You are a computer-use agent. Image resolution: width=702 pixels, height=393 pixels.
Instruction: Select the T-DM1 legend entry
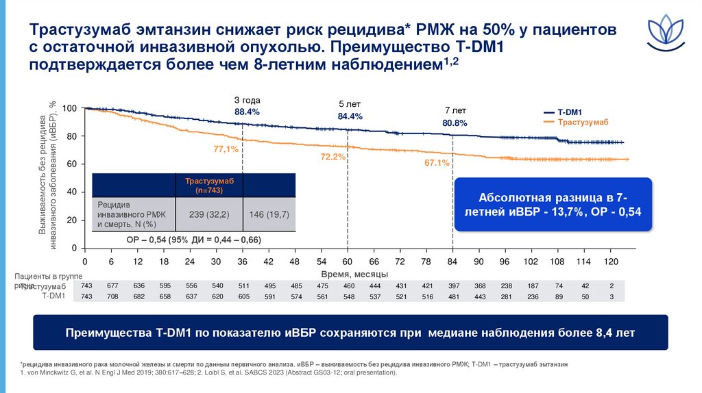coord(569,112)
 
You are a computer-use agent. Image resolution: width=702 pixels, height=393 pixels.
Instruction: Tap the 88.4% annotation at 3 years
coord(247,111)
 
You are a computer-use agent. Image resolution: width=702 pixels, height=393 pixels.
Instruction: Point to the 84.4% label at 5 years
coord(350,116)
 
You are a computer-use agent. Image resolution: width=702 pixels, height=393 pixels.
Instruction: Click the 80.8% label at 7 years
coord(455,123)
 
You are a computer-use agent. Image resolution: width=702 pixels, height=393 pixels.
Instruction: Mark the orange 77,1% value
coord(226,149)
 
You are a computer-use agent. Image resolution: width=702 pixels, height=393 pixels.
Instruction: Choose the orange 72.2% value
coord(333,157)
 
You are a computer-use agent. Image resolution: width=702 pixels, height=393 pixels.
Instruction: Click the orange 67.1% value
coord(437,163)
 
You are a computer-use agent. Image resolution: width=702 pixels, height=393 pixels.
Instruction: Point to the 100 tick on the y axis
coord(69,109)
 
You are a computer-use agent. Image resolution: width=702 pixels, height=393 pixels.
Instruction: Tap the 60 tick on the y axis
coord(72,164)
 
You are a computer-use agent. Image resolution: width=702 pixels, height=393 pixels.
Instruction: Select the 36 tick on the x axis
coord(243,262)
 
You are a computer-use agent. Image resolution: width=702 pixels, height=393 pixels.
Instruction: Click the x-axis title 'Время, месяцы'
coord(349,274)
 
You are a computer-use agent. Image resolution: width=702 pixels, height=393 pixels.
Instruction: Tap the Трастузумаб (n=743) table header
coord(210,185)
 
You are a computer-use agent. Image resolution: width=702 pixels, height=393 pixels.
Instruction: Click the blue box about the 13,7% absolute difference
coord(554,205)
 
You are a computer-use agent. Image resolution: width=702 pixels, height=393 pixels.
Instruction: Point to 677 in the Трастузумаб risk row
coord(112,286)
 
